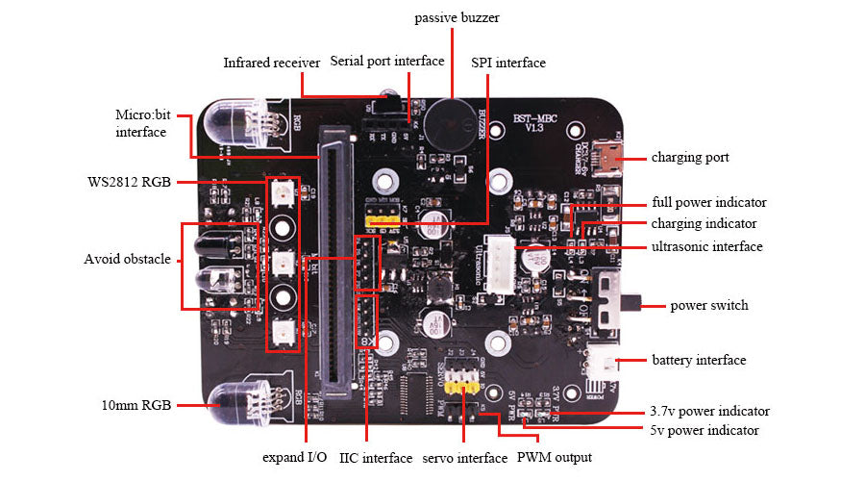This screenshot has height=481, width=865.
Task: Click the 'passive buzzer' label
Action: click(x=457, y=17)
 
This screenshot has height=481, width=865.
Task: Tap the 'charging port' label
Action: click(x=690, y=157)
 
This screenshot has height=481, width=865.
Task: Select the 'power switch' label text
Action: click(x=708, y=306)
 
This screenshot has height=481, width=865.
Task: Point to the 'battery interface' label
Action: click(x=699, y=360)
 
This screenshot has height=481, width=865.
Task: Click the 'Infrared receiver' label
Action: click(x=271, y=63)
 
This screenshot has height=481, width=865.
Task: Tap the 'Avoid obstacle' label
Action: click(x=127, y=259)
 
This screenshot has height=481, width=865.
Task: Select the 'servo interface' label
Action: click(x=464, y=458)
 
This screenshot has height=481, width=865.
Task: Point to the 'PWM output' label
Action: click(x=555, y=457)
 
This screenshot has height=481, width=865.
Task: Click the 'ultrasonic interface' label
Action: click(x=707, y=246)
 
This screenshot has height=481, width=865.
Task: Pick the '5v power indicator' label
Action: click(x=704, y=430)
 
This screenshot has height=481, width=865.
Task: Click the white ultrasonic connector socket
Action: click(x=500, y=264)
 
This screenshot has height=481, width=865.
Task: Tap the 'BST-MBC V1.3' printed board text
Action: click(x=528, y=123)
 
